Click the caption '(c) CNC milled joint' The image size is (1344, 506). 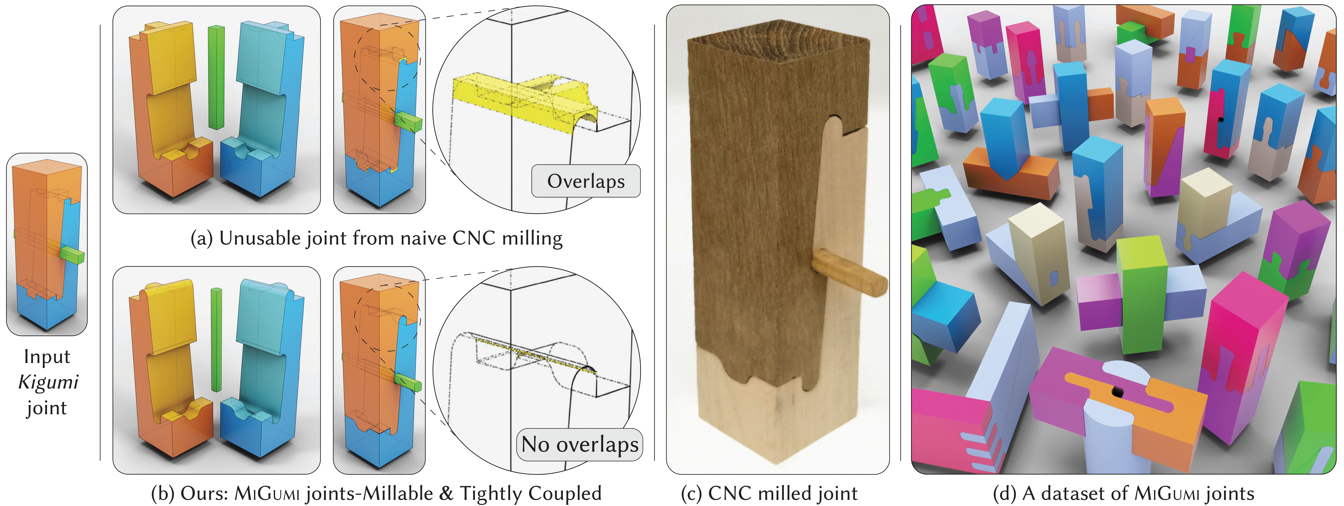click(x=769, y=493)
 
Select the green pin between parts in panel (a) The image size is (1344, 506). click(x=216, y=77)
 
